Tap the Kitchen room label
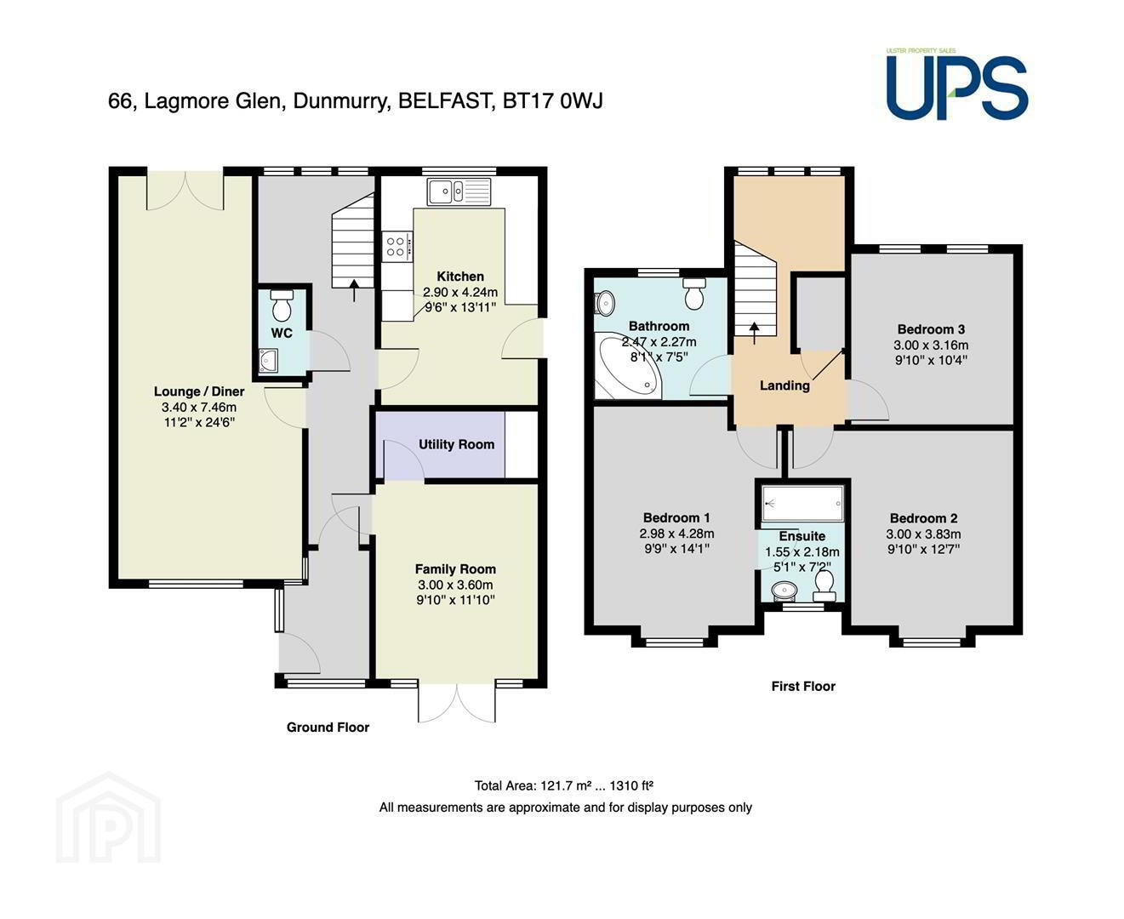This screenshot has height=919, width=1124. coord(460,277)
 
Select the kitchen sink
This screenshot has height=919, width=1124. coord(459,191)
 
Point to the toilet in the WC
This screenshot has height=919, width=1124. coord(282,305)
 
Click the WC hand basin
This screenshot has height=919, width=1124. coord(266,360)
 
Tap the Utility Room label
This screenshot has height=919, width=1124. coord(456,444)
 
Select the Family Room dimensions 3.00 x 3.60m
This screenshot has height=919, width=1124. coord(455,585)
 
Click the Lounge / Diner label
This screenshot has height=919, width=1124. coord(199,391)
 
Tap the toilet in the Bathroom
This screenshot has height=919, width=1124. coord(694,294)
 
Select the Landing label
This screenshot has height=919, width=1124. coord(785,385)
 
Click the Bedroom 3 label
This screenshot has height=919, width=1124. coord(931,329)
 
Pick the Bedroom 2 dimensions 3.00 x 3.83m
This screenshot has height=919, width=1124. coord(923,534)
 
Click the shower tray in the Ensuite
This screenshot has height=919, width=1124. coord(802,503)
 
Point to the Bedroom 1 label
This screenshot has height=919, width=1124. coord(676,517)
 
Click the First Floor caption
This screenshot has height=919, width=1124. coord(803,686)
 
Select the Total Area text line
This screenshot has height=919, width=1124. coord(564,785)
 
